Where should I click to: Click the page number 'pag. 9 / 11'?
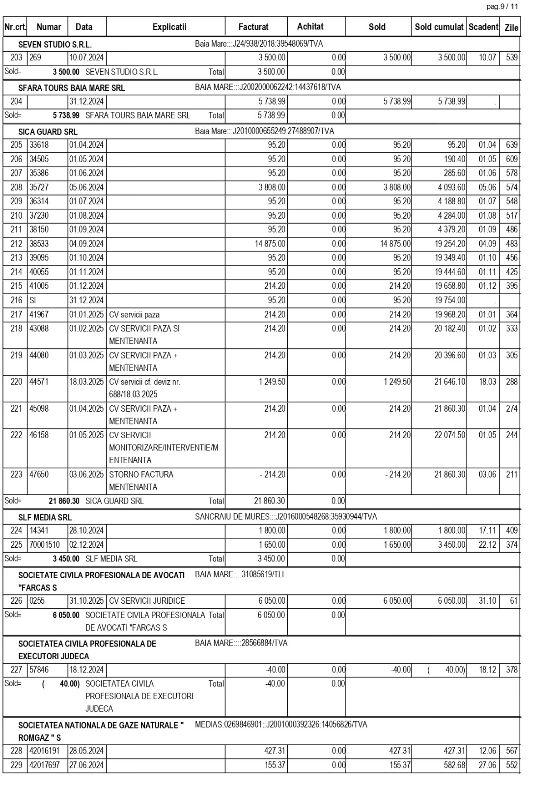click(x=501, y=6)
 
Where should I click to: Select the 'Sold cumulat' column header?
click(x=439, y=27)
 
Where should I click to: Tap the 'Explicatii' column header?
click(x=169, y=27)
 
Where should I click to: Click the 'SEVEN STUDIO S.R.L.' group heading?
click(x=55, y=45)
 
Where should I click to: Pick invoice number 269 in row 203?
click(x=35, y=57)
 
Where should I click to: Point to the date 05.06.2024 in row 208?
click(x=86, y=187)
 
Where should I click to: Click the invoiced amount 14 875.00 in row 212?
click(x=270, y=244)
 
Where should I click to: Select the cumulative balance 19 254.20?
click(x=449, y=244)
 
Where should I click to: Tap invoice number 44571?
click(x=39, y=382)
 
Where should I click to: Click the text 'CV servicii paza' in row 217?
click(x=134, y=315)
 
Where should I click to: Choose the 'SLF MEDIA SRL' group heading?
click(x=45, y=517)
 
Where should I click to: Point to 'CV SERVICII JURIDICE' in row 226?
click(x=147, y=601)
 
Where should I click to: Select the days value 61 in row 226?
click(x=513, y=601)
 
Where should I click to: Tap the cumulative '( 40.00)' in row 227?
click(x=446, y=670)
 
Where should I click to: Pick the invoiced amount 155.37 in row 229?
click(x=275, y=765)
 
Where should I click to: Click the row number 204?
click(x=16, y=102)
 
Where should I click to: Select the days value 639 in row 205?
click(x=511, y=145)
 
